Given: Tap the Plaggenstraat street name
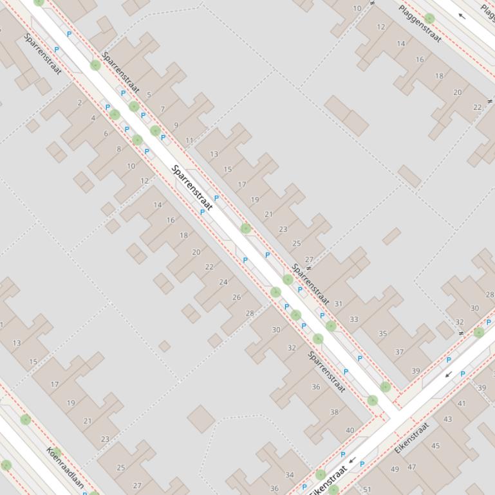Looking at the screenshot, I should (x=420, y=24).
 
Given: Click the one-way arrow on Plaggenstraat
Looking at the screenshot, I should (x=462, y=16).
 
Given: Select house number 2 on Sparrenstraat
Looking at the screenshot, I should (x=80, y=103).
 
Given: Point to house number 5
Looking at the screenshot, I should (x=149, y=95).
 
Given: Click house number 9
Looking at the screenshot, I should (x=176, y=126).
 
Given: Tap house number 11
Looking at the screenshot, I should (x=189, y=140).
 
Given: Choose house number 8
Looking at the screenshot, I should (x=118, y=149).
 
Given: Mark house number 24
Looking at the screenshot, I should (x=223, y=282).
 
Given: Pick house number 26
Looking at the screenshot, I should (x=236, y=297).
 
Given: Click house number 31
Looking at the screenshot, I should (x=339, y=304).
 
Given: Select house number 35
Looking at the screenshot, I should (x=383, y=334).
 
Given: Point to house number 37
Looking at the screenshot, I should (x=400, y=352).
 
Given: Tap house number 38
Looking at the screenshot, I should (x=334, y=413).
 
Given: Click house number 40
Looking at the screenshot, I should (x=350, y=431).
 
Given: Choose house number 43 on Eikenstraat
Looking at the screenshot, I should (x=447, y=419).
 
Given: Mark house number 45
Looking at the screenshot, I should (x=436, y=446).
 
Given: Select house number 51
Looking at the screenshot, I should (x=367, y=490).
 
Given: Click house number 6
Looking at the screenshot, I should (x=106, y=134).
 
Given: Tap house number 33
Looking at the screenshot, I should (x=354, y=319).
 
